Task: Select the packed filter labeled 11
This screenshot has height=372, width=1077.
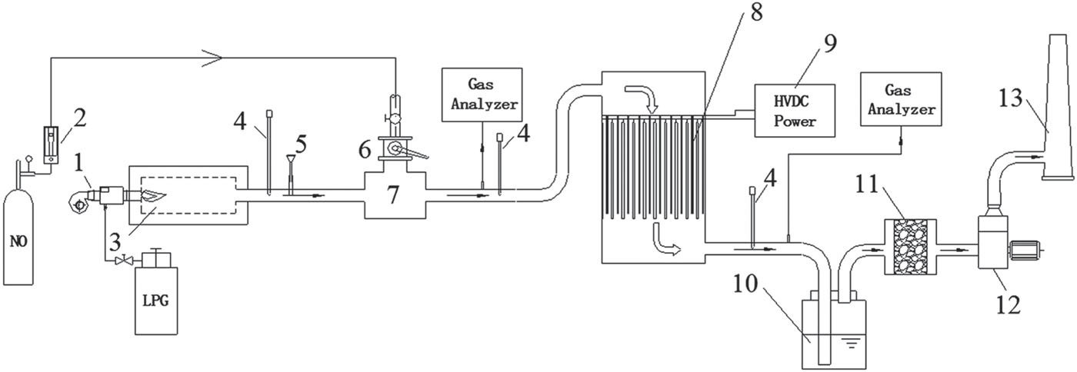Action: pyautogui.click(x=910, y=247)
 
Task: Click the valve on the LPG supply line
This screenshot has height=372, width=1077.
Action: pyautogui.click(x=120, y=262)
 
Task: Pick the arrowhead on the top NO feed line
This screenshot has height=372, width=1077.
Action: pyautogui.click(x=216, y=56)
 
